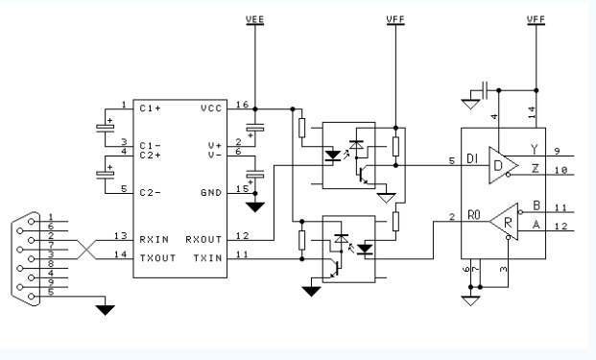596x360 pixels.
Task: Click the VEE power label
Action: coord(255,18)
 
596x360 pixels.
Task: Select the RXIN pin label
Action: coord(153,236)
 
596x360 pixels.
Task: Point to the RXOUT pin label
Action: coord(203,236)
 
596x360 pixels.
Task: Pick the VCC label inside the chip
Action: coord(211,108)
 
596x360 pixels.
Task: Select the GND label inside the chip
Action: coord(211,192)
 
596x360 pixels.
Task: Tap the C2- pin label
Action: coord(149,192)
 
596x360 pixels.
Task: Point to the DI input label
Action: coord(471,159)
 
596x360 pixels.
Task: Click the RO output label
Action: coord(471,216)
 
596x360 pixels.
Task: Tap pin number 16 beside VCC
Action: coord(240,103)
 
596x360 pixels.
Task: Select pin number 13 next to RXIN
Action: coord(121,235)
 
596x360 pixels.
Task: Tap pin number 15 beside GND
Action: coord(240,187)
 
